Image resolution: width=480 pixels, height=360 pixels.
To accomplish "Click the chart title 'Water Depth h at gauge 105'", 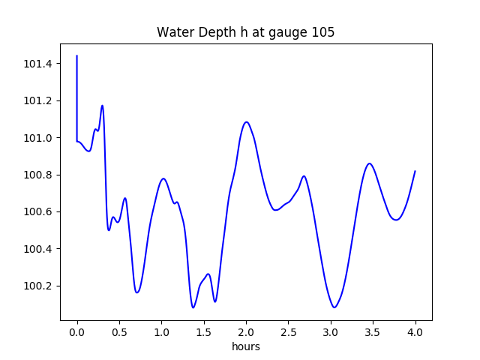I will click(x=245, y=33).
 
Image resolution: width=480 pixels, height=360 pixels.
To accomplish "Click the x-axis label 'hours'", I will click(x=245, y=346).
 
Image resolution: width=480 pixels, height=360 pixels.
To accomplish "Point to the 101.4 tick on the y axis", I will click(x=38, y=64).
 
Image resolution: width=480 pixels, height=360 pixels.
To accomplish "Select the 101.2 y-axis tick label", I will click(x=38, y=100).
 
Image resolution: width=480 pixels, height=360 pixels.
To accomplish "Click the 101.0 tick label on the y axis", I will click(x=38, y=138).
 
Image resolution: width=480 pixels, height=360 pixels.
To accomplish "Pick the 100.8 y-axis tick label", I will click(x=38, y=175).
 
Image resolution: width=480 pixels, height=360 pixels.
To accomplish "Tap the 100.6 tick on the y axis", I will click(x=38, y=211).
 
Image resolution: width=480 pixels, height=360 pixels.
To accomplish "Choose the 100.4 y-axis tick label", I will click(x=38, y=249).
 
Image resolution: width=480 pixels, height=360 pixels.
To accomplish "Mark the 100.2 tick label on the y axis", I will click(x=38, y=286).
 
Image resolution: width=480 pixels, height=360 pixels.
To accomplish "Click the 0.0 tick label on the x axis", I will click(x=77, y=332).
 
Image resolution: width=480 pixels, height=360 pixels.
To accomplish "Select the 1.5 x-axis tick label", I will click(x=204, y=332).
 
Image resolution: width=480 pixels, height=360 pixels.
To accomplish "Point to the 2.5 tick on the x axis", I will click(x=289, y=332).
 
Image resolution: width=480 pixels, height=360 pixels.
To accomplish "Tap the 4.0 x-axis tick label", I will click(x=415, y=332).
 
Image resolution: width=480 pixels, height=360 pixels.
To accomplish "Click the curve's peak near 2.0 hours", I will click(x=246, y=121).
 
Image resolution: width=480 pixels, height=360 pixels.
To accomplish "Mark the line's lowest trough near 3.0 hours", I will click(x=334, y=307).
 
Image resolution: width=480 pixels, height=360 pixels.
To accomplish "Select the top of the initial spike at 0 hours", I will click(x=77, y=55).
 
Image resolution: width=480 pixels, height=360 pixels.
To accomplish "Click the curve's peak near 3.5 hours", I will click(x=369, y=163).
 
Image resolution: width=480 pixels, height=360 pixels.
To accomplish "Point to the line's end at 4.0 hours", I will click(x=415, y=171).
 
